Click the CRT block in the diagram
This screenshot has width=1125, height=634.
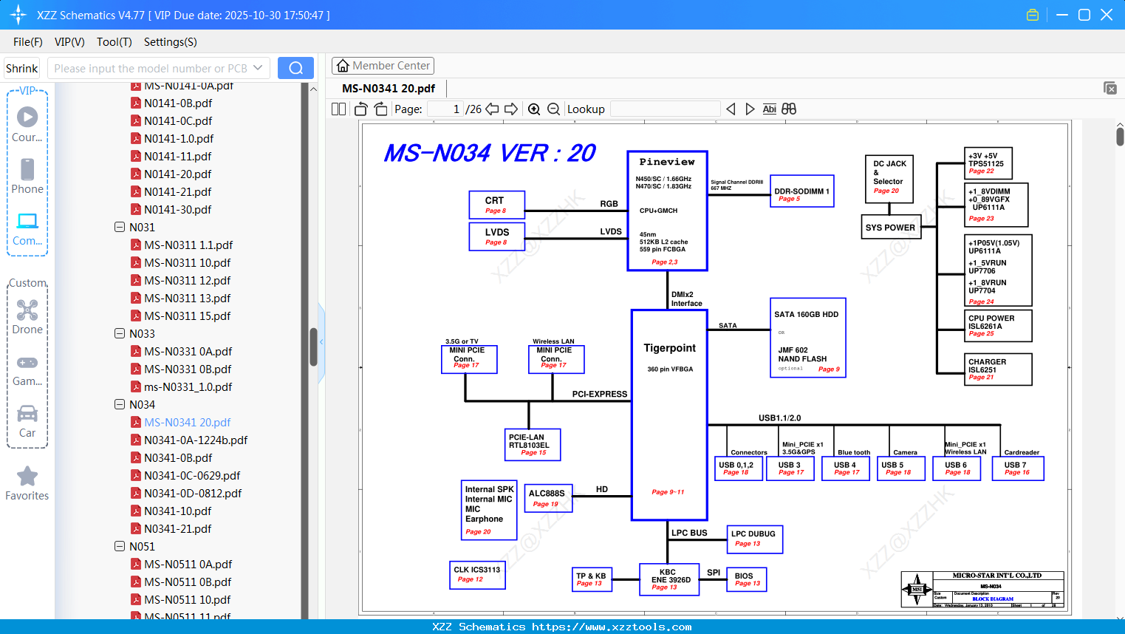(x=496, y=205)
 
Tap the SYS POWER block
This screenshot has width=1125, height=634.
(x=890, y=228)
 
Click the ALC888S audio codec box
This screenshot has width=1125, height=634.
(x=547, y=498)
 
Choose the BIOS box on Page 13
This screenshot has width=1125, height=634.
(x=747, y=579)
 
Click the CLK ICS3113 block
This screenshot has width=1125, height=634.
(x=477, y=574)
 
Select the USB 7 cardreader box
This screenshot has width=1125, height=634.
(x=1017, y=468)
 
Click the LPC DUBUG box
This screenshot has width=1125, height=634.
(x=754, y=539)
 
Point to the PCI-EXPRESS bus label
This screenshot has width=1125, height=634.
(x=599, y=394)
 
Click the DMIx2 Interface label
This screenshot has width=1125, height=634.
(x=686, y=299)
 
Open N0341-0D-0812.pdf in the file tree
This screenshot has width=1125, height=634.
(x=193, y=493)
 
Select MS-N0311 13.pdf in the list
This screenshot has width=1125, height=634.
(x=187, y=298)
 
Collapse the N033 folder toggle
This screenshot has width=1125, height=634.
(x=120, y=333)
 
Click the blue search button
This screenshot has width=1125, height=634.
(x=295, y=68)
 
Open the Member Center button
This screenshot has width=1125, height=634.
(x=383, y=66)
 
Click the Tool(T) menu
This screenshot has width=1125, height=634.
(x=114, y=42)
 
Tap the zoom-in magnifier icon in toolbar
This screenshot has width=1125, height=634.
(x=534, y=109)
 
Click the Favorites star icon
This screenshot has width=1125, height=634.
(x=27, y=477)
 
